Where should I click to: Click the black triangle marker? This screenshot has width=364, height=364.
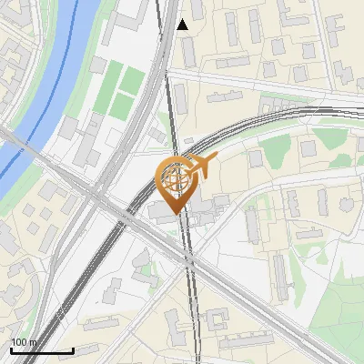pos(183,25)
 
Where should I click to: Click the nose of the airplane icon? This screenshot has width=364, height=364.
pos(217,160)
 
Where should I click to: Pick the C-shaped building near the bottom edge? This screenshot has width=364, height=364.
pos(218,320)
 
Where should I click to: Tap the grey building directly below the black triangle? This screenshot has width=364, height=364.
pos(187,51)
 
